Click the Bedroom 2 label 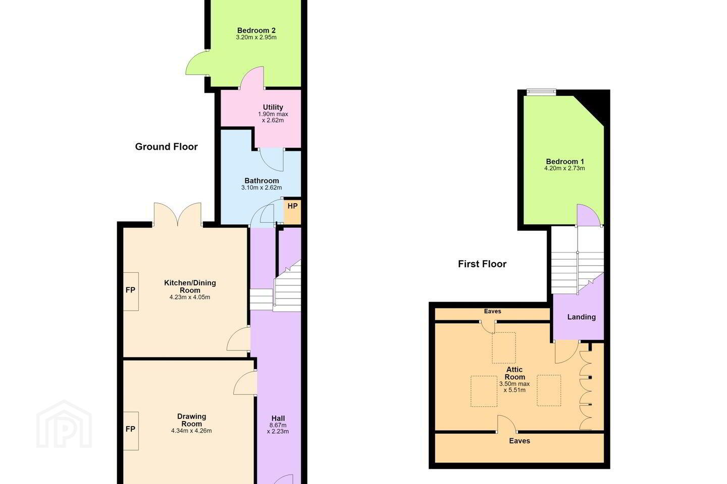(x=256, y=30)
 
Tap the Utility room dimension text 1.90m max (x=273, y=114)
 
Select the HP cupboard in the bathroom (x=292, y=211)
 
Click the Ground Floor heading (x=166, y=147)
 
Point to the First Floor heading (x=482, y=264)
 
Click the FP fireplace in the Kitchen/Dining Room (x=131, y=291)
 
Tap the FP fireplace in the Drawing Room (x=131, y=431)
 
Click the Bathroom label (x=262, y=180)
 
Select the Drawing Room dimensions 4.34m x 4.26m (x=191, y=431)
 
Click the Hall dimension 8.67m (x=278, y=425)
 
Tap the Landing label (x=581, y=317)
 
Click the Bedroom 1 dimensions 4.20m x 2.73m (x=564, y=168)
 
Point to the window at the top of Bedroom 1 (x=541, y=92)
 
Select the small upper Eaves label (x=492, y=311)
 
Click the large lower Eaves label (x=520, y=441)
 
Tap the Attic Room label (x=514, y=373)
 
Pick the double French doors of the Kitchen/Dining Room (x=177, y=213)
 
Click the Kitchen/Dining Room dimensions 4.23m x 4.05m (x=189, y=297)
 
